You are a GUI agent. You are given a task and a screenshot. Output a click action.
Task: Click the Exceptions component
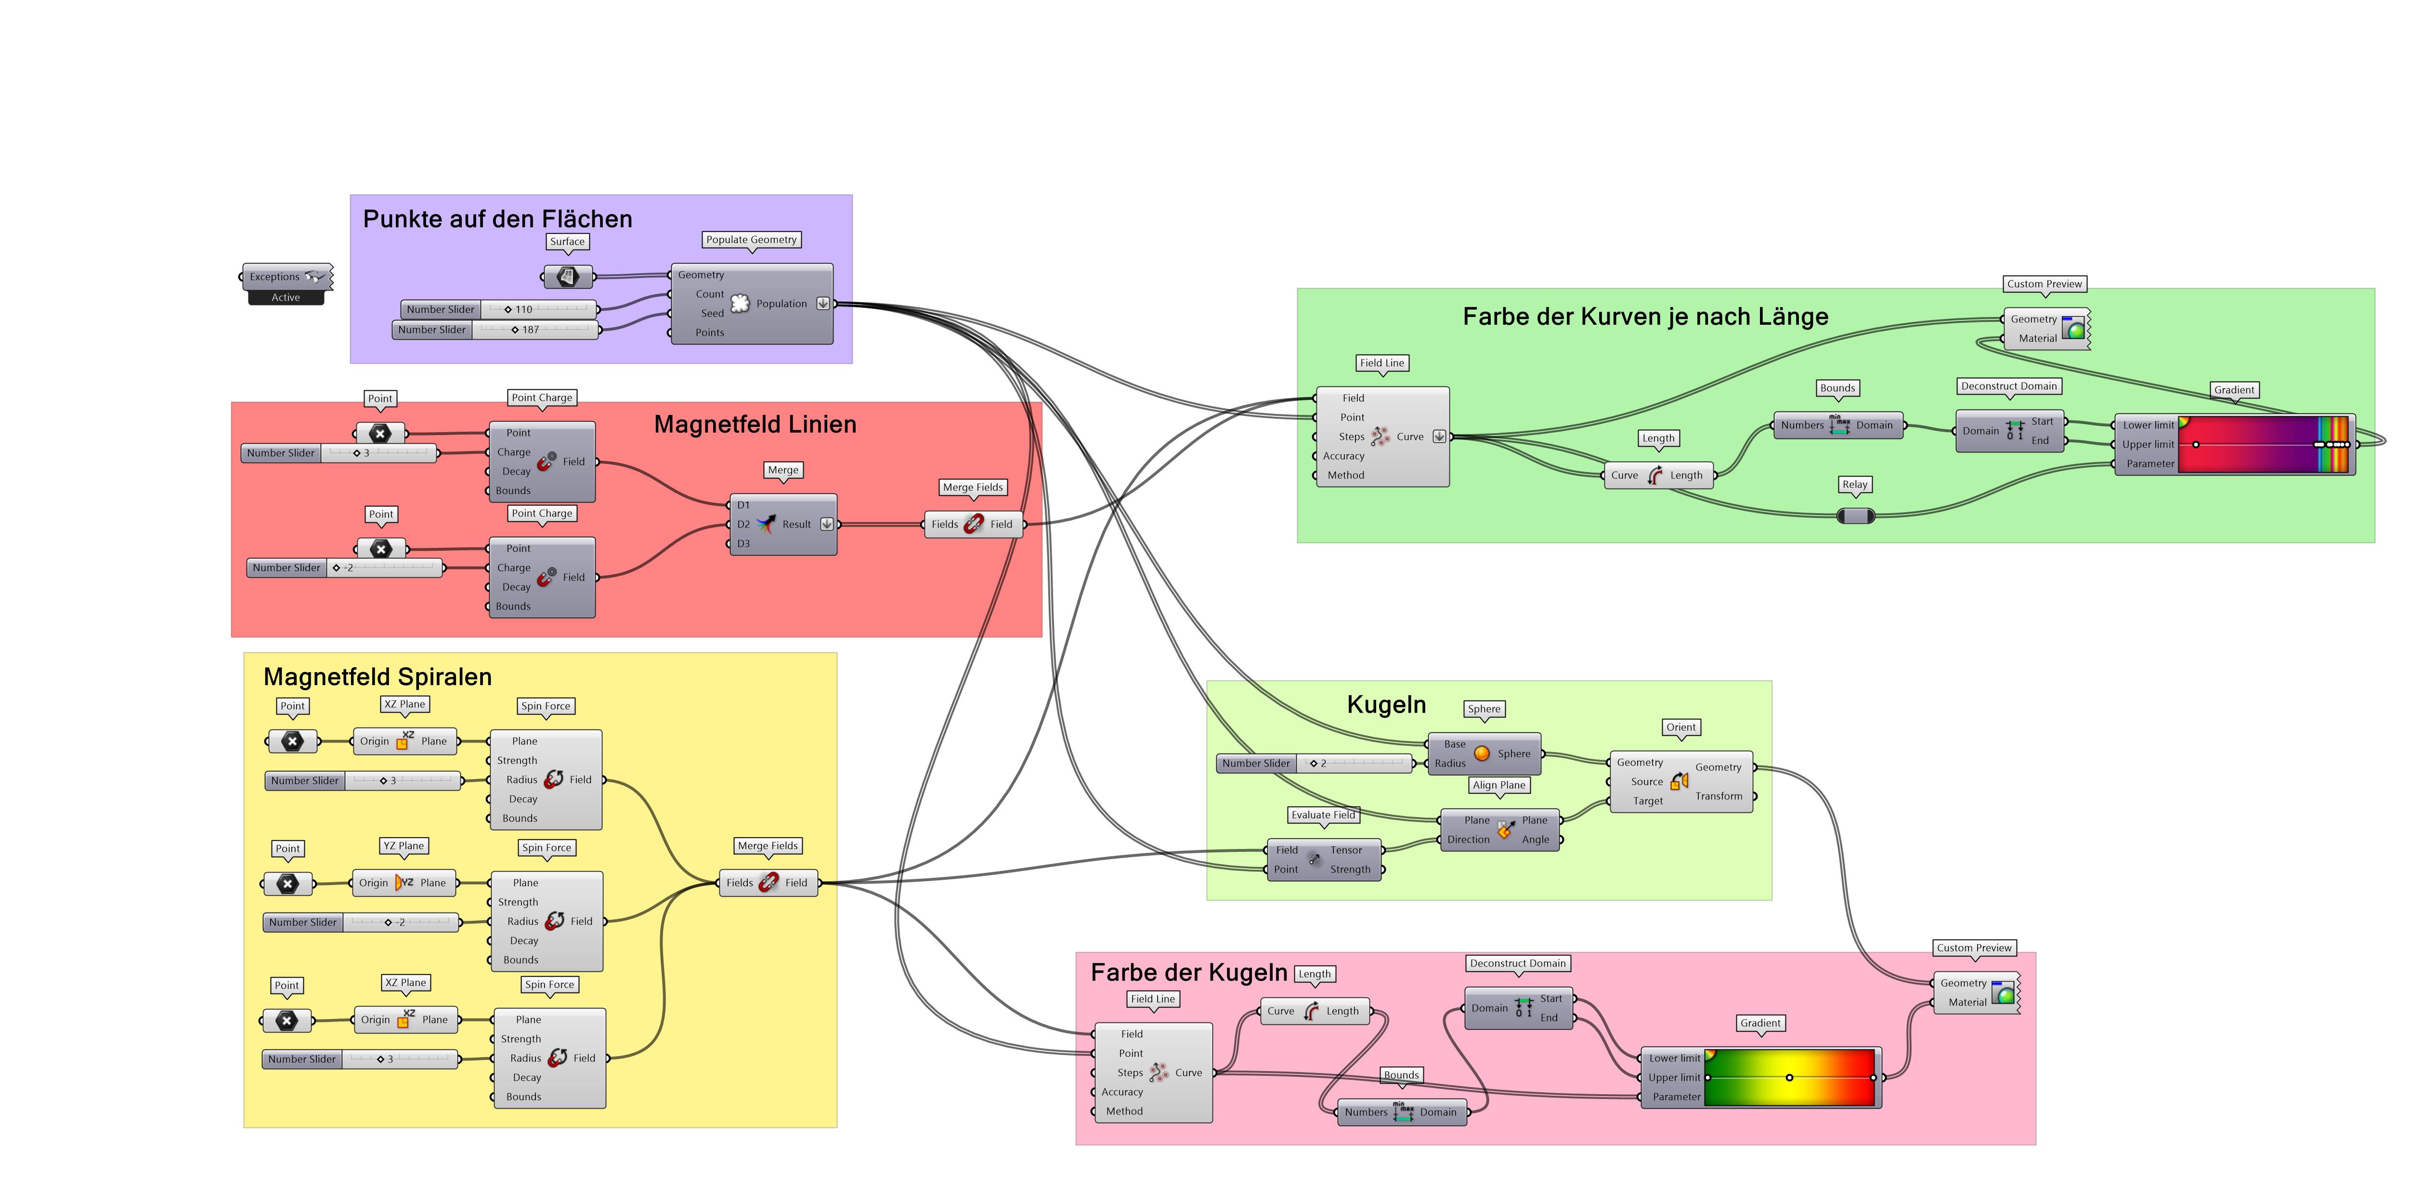(286, 277)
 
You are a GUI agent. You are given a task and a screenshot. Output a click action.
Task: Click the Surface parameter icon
(568, 277)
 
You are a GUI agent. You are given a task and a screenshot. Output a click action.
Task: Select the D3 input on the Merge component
(743, 544)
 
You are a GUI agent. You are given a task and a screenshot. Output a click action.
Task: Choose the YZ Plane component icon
(404, 883)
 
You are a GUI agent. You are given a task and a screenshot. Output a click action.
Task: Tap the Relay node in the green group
(1855, 516)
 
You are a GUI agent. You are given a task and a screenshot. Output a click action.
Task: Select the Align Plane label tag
(1498, 785)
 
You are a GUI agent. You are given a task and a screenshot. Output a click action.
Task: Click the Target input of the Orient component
(1647, 801)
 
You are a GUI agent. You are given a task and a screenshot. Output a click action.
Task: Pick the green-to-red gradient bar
(1789, 1077)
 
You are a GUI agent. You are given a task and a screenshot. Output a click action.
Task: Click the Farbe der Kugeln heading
(1188, 973)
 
